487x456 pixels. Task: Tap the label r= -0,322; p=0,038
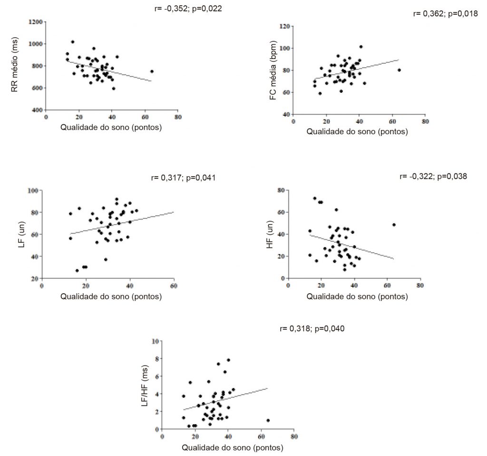click(x=434, y=177)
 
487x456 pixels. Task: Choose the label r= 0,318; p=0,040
click(x=312, y=328)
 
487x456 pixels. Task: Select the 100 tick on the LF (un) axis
click(x=33, y=190)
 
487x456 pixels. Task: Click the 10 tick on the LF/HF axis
click(x=155, y=341)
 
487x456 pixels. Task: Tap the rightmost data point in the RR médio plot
click(x=152, y=71)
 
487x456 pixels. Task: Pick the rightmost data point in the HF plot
click(x=394, y=225)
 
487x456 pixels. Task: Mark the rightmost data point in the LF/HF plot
click(x=268, y=420)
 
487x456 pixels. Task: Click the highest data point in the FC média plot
click(x=361, y=47)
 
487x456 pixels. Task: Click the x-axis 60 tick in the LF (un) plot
click(x=173, y=286)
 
